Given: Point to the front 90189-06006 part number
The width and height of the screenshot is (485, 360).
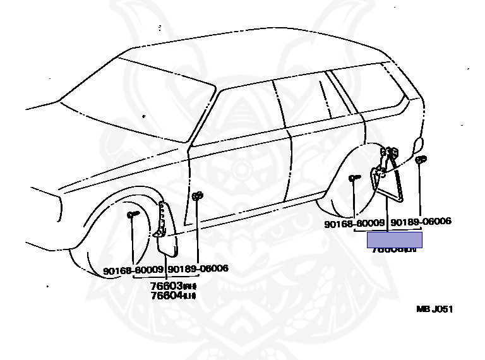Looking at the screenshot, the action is [x=198, y=268].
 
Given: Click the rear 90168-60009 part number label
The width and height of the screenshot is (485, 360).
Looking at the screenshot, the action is [x=354, y=223].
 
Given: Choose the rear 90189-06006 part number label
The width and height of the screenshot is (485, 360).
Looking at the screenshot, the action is [x=421, y=222].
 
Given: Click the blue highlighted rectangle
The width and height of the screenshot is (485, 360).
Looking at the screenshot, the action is [x=395, y=240].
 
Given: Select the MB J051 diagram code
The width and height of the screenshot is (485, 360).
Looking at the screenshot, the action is [x=434, y=309].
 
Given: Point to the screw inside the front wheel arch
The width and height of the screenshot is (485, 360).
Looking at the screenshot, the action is [x=133, y=215].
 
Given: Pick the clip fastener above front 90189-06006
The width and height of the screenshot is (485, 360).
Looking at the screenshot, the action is [x=197, y=196].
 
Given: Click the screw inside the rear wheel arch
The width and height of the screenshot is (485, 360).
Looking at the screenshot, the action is [x=354, y=179].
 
